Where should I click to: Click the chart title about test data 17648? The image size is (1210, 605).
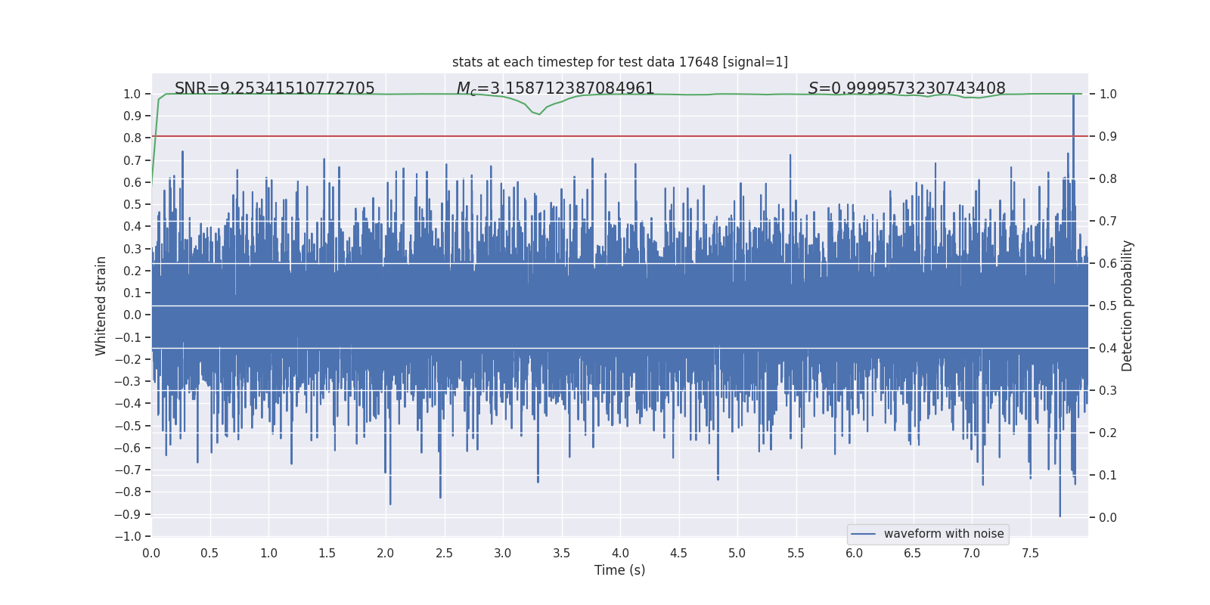(619, 62)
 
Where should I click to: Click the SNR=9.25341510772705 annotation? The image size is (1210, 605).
(275, 88)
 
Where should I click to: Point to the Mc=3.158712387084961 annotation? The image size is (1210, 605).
(555, 88)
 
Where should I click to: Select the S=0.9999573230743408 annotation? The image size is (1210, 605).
(906, 88)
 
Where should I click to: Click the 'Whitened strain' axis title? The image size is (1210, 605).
(101, 306)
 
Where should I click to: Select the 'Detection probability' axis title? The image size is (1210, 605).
(1128, 306)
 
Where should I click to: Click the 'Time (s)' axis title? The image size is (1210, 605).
(619, 570)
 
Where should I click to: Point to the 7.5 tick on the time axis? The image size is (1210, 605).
(1030, 553)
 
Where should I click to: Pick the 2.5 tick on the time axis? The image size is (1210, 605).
(444, 553)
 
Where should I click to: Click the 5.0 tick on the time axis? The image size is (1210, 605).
(737, 553)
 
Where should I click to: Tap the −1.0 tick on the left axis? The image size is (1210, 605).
(128, 536)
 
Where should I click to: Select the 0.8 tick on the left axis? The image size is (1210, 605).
(132, 138)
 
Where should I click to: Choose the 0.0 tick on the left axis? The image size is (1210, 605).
(132, 315)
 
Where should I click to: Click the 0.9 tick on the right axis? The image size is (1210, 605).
(1108, 136)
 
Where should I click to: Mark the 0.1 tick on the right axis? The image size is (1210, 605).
(1108, 475)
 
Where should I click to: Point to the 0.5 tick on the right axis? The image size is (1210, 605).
(1108, 306)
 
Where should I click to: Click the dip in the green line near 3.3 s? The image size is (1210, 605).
(538, 114)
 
